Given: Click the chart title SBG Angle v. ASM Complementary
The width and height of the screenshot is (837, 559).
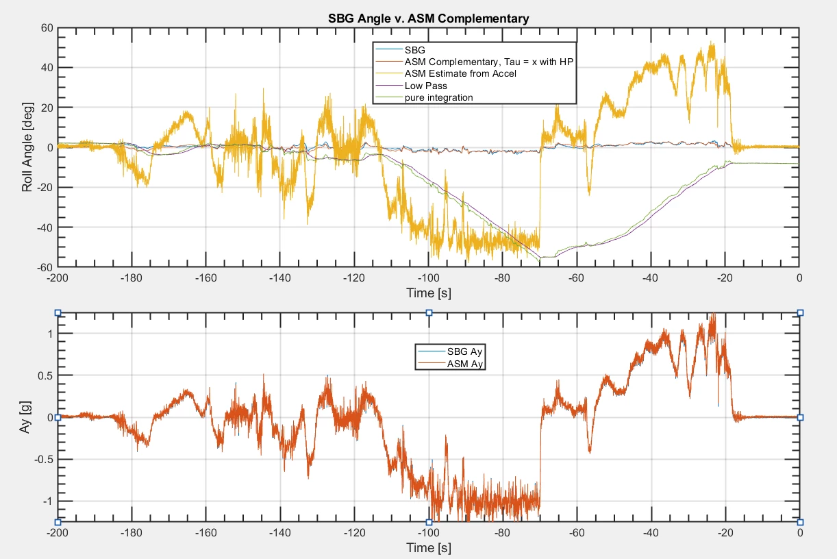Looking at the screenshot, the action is [x=428, y=18].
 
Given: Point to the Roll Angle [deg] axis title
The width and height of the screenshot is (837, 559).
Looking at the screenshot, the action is [x=27, y=147].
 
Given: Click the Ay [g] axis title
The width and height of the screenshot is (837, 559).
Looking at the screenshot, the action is [x=25, y=417].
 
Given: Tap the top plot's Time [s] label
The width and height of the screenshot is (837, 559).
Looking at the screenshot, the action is [x=429, y=293].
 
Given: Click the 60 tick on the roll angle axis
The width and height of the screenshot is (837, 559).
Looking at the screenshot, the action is [x=47, y=28].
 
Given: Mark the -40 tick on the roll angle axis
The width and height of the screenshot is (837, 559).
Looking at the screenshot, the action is [x=45, y=227].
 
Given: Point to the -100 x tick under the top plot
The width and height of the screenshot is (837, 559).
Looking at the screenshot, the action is [x=428, y=278].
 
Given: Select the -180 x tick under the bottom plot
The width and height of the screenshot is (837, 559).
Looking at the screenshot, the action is [x=131, y=533].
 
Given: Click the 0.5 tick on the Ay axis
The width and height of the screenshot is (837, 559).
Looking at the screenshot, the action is [x=45, y=375].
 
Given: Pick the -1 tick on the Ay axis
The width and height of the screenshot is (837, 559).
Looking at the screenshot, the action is [x=47, y=501].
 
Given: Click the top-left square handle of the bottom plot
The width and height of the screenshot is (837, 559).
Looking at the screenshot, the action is [x=58, y=313].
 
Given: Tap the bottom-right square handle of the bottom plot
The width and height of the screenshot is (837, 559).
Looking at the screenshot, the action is [x=800, y=522].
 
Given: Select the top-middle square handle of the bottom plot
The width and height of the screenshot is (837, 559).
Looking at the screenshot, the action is [x=429, y=313].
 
